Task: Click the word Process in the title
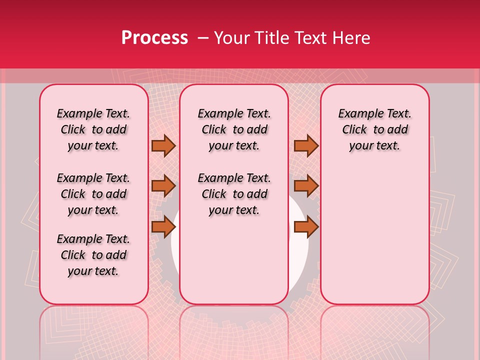(x=154, y=38)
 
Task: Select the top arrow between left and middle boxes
(x=163, y=145)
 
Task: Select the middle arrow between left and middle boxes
(x=163, y=186)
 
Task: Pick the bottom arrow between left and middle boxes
(x=163, y=226)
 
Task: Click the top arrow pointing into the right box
(x=306, y=145)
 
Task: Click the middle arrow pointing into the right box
(x=306, y=186)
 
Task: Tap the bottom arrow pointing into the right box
(x=306, y=226)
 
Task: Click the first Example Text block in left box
(x=93, y=129)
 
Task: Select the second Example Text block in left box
(x=93, y=194)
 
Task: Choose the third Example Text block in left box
(x=93, y=255)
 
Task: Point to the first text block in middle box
(x=234, y=129)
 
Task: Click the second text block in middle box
(x=234, y=194)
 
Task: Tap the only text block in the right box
(x=374, y=129)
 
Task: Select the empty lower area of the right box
(x=374, y=235)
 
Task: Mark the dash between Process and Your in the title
(x=202, y=38)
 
